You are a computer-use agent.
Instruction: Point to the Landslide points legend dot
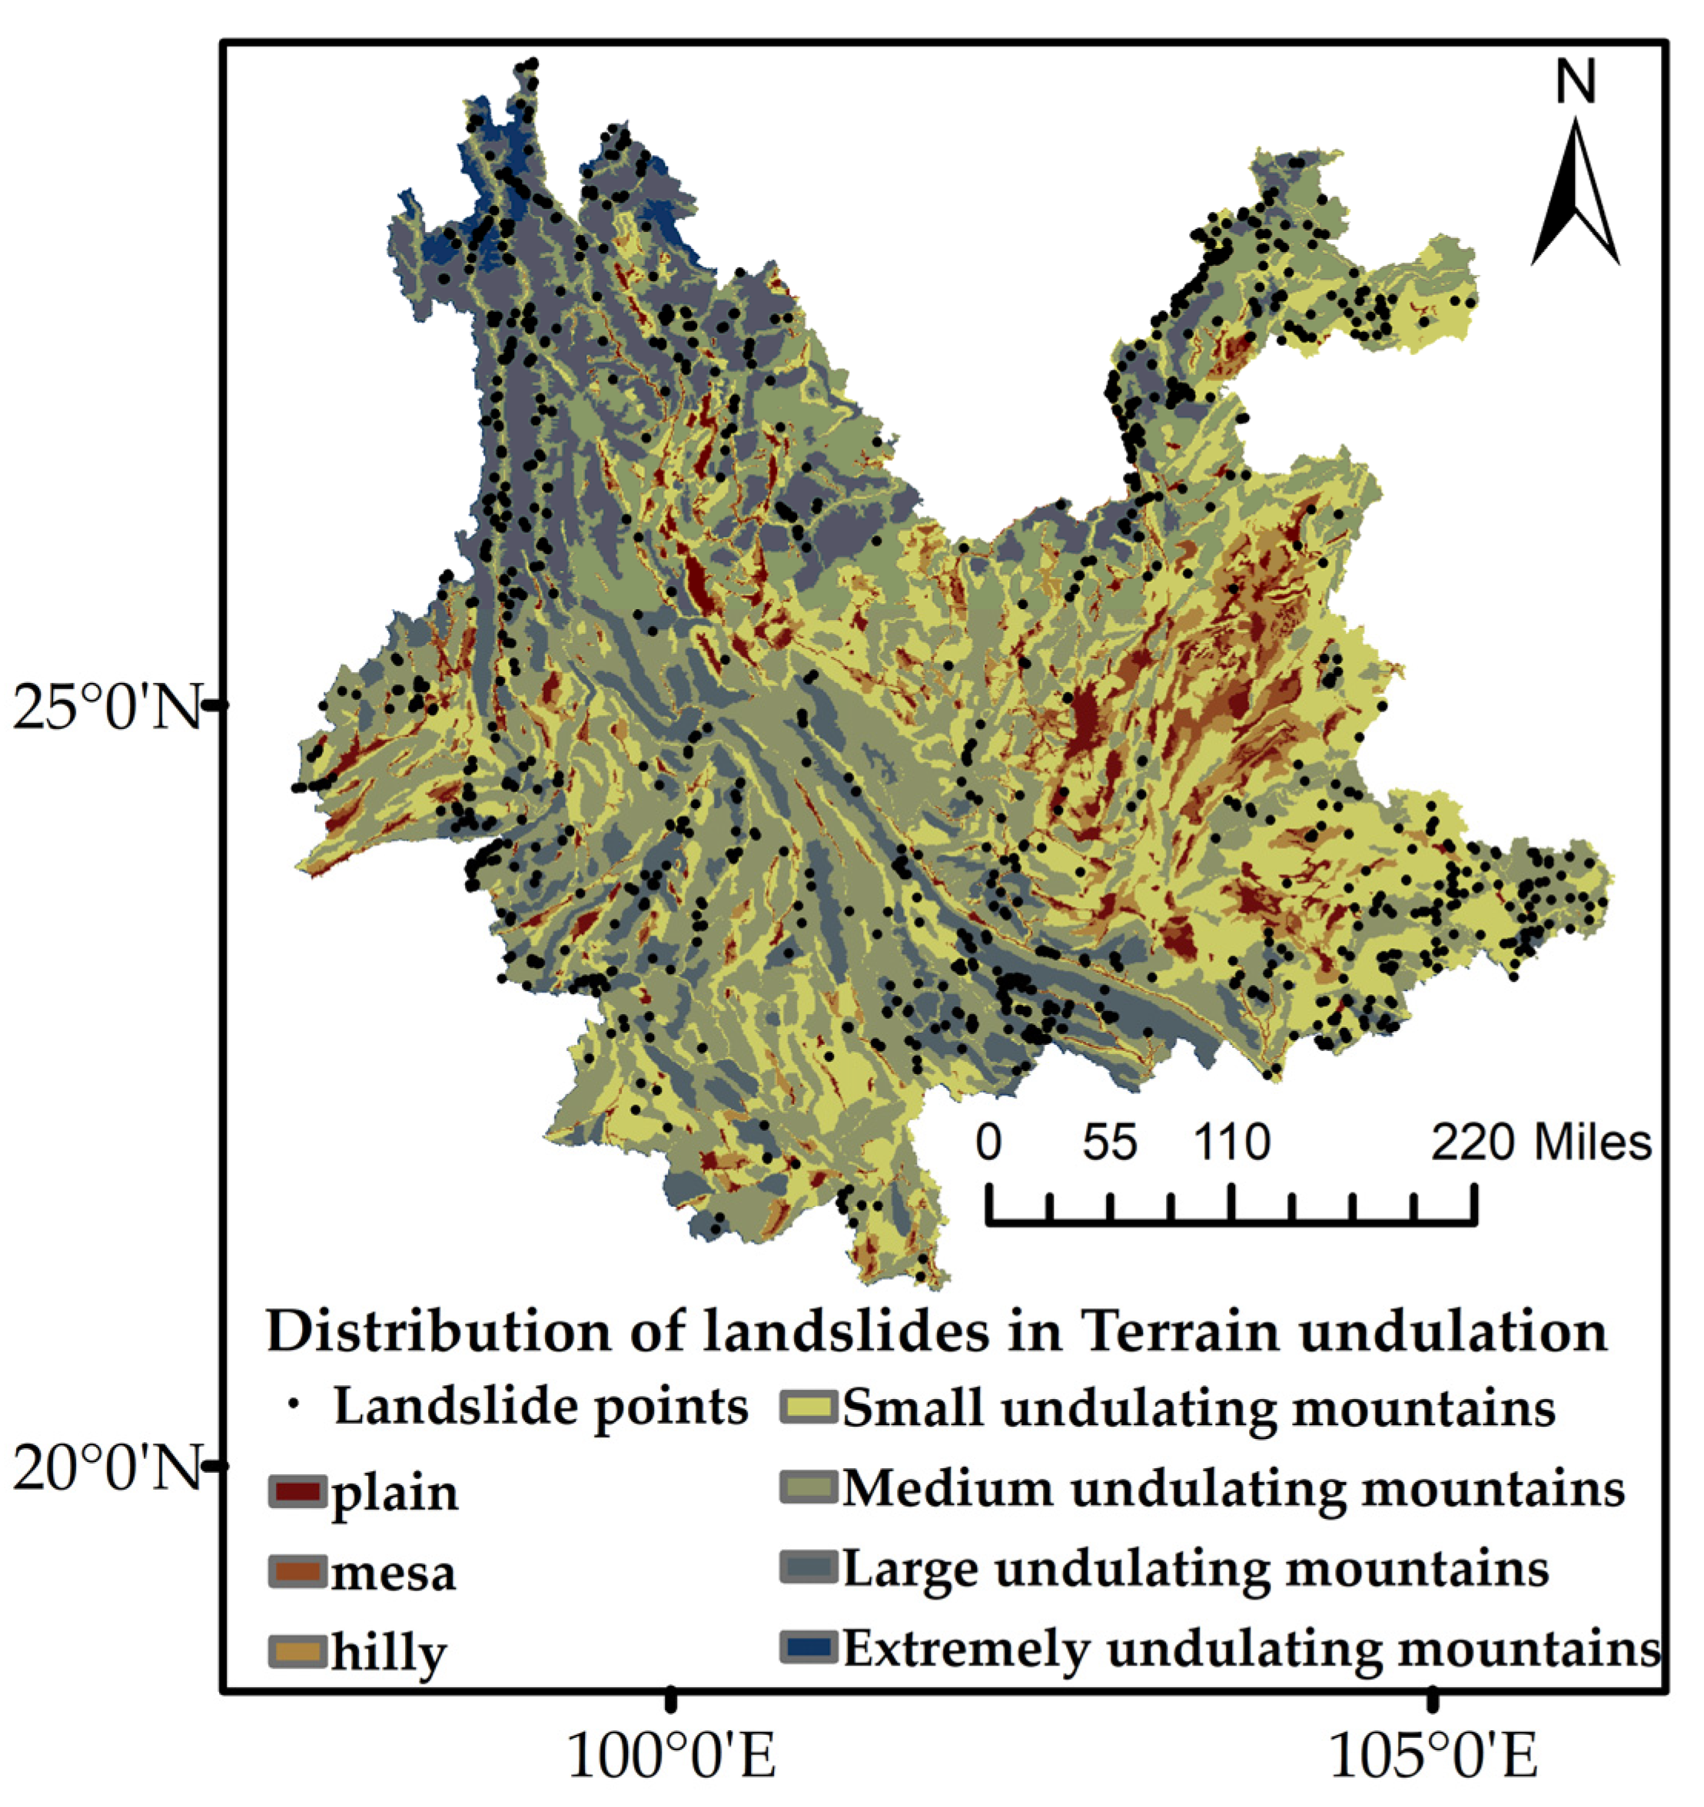tap(293, 1405)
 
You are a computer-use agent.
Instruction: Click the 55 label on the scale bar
tap(1109, 1142)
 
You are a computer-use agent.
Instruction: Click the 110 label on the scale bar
tap(1232, 1142)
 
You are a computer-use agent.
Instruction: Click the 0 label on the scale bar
tap(988, 1142)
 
